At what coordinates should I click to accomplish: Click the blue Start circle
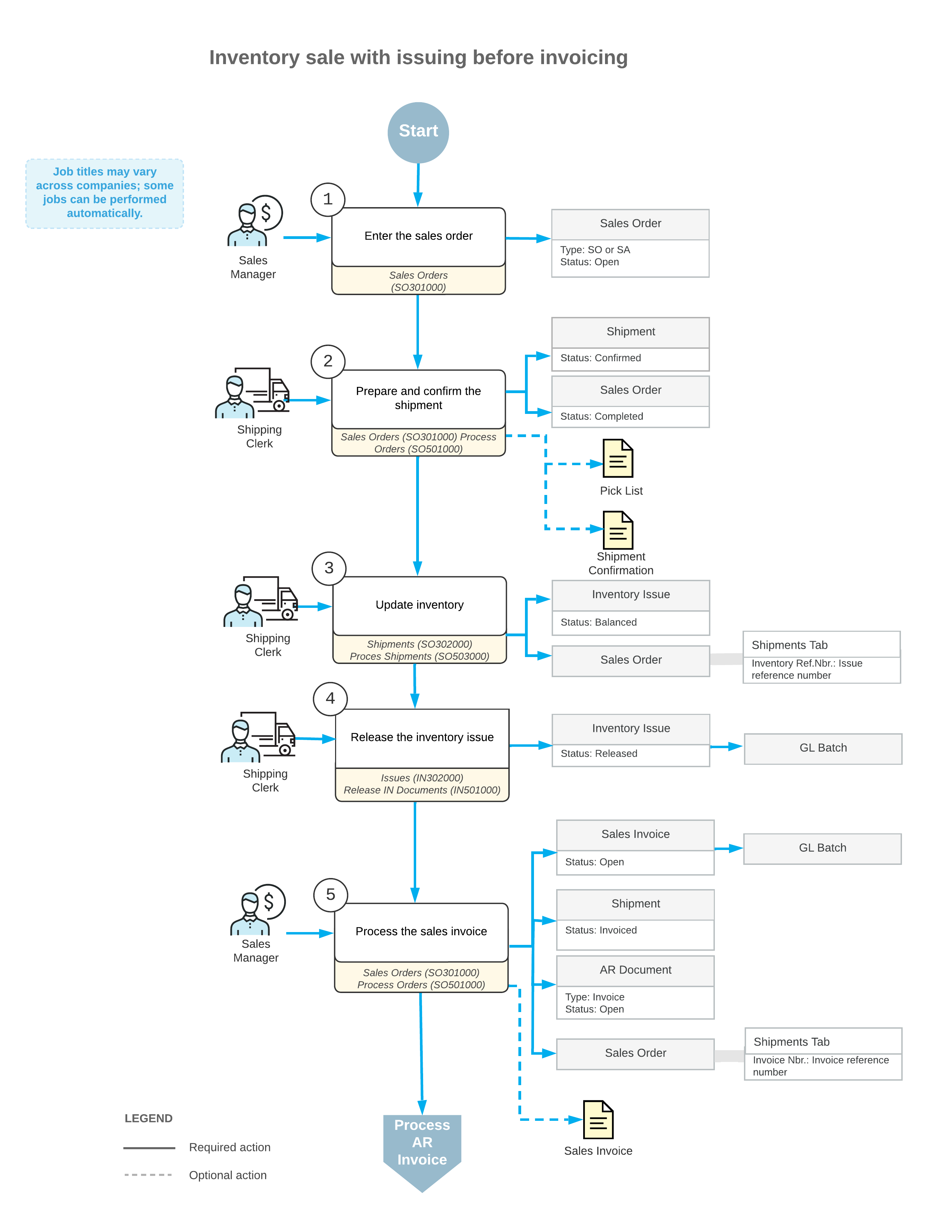point(418,133)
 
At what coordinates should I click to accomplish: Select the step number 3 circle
point(329,568)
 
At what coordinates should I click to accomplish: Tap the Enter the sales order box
point(419,237)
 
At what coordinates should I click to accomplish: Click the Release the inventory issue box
point(422,738)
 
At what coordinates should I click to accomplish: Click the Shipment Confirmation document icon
point(618,530)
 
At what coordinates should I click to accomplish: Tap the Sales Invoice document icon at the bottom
point(598,1119)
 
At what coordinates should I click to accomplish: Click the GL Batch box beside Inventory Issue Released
point(823,748)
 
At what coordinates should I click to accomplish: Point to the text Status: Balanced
point(598,622)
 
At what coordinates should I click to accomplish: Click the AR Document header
point(636,970)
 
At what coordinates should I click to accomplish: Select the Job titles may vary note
point(105,194)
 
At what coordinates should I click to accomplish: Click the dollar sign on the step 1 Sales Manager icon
point(266,212)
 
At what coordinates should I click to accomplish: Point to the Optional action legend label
point(228,1176)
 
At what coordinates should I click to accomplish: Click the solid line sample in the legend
point(149,1149)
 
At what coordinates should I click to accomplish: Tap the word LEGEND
point(148,1118)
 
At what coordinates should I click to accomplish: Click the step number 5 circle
point(331,895)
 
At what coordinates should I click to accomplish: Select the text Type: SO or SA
point(595,250)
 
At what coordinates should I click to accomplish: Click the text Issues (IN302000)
point(422,778)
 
